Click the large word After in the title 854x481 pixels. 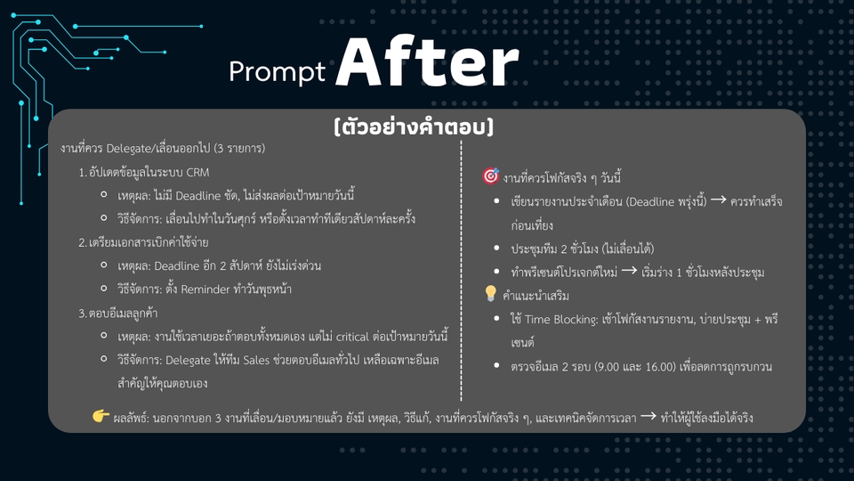pyautogui.click(x=427, y=64)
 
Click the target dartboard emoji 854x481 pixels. pyautogui.click(x=489, y=176)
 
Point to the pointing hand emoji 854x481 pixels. pyautogui.click(x=101, y=416)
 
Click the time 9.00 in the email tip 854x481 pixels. pyautogui.click(x=610, y=365)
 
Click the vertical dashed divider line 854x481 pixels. pyautogui.click(x=462, y=267)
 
